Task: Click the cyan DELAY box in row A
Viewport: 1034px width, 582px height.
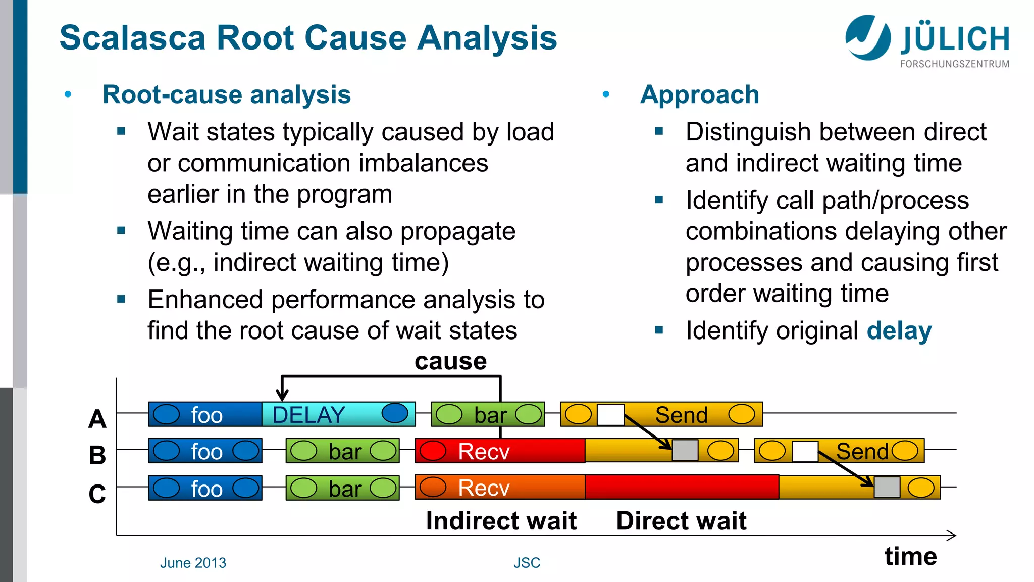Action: tap(338, 414)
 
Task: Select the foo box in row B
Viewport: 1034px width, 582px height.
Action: tap(205, 451)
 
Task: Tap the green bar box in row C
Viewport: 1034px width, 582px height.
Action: tap(342, 488)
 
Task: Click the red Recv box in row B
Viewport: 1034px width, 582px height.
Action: tap(500, 451)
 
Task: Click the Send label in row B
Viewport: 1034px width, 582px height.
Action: tap(861, 451)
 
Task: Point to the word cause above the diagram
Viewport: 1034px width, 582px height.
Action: tap(450, 361)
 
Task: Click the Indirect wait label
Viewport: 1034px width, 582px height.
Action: tap(501, 520)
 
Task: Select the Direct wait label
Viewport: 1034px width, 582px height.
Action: tap(681, 520)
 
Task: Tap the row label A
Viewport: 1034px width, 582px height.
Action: tap(97, 419)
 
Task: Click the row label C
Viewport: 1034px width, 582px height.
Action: tap(97, 494)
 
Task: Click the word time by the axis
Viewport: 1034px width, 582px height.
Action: tap(910, 556)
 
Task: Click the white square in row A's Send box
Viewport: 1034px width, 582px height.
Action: tap(610, 415)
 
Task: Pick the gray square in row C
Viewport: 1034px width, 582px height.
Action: tap(887, 488)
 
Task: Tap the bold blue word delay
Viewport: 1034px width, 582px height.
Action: tap(899, 331)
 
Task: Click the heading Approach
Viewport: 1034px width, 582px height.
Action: tap(699, 94)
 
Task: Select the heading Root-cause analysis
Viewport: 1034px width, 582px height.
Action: tap(226, 94)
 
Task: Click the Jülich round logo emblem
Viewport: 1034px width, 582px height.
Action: tap(868, 37)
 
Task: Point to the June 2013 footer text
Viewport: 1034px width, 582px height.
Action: tap(193, 563)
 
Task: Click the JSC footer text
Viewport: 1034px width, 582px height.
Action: tap(527, 563)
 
